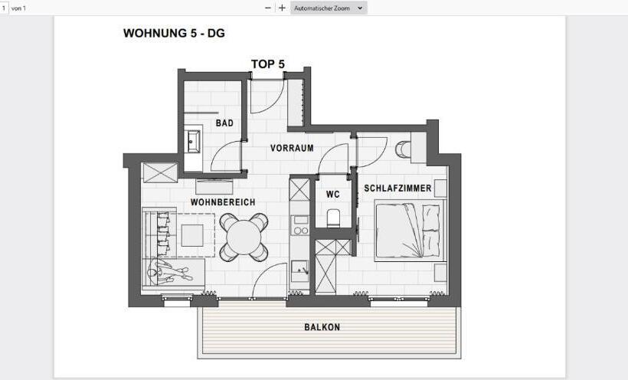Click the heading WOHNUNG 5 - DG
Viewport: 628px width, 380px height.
pyautogui.click(x=174, y=34)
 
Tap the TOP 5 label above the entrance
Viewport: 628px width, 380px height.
pyautogui.click(x=268, y=64)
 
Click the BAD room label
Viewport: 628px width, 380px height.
pyautogui.click(x=224, y=123)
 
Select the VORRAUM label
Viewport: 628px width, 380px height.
pyautogui.click(x=292, y=148)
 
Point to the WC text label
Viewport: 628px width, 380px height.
pyautogui.click(x=332, y=195)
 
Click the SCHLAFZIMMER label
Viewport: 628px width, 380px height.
pyautogui.click(x=397, y=188)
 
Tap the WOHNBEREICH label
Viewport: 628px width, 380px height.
pyautogui.click(x=223, y=202)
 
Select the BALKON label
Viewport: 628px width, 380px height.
pyautogui.click(x=322, y=327)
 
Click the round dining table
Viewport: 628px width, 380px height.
pyautogui.click(x=244, y=237)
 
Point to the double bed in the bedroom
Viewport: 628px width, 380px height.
pyautogui.click(x=409, y=231)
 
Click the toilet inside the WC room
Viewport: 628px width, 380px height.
pyautogui.click(x=333, y=218)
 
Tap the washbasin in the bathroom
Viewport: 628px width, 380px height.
pyautogui.click(x=193, y=142)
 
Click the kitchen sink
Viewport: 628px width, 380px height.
pyautogui.click(x=299, y=269)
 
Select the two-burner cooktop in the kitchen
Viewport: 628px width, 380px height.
pyautogui.click(x=300, y=224)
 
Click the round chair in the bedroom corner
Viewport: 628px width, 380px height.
pyautogui.click(x=403, y=149)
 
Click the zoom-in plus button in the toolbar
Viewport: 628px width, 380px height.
pyautogui.click(x=282, y=8)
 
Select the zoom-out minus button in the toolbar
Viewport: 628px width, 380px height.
pyautogui.click(x=268, y=8)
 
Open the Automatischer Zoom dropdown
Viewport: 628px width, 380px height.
pyautogui.click(x=329, y=8)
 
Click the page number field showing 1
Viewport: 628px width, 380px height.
pyautogui.click(x=4, y=8)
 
